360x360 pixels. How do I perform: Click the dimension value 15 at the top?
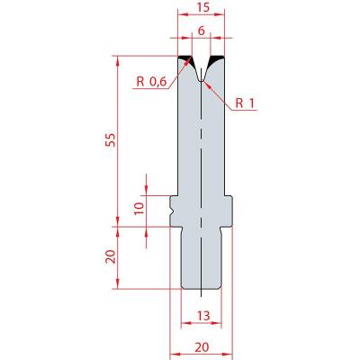(203, 7)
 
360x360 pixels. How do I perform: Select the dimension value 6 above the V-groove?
(202, 31)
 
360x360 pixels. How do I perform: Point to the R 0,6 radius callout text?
(151, 82)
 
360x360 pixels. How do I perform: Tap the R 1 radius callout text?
(245, 103)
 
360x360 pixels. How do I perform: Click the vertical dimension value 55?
(111, 139)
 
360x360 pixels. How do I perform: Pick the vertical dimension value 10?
(139, 208)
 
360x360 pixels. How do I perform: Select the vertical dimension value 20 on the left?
(111, 257)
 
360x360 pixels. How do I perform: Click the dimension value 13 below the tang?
(203, 316)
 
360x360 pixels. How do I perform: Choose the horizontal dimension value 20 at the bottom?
(202, 347)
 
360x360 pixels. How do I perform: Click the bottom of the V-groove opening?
(202, 80)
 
